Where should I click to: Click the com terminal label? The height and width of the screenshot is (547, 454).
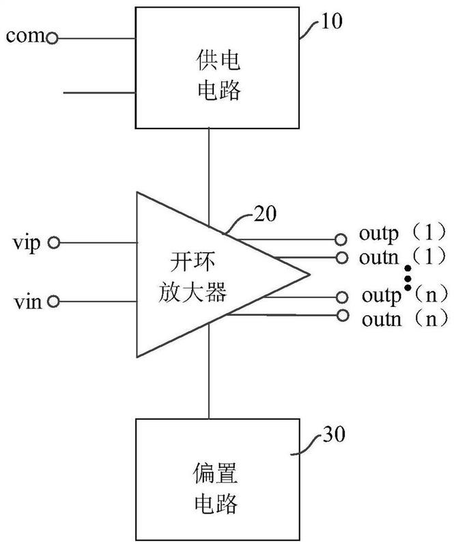(25, 36)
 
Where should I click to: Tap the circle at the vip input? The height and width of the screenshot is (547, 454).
(54, 242)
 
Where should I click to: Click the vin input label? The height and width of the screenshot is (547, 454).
(26, 301)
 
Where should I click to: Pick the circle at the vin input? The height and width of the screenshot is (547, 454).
(54, 301)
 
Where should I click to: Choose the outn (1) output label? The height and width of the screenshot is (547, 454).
(402, 258)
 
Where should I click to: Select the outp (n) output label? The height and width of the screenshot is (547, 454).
(402, 297)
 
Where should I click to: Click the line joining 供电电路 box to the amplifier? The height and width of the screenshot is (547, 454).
(210, 163)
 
